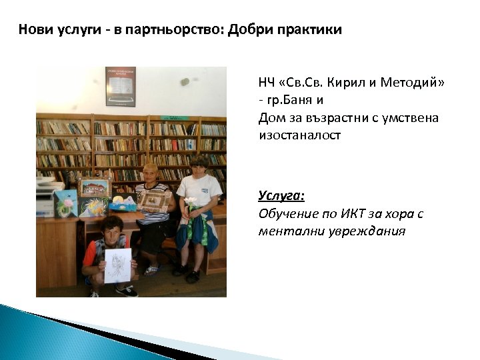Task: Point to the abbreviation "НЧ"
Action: [x=267, y=83]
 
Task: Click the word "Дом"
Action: [x=270, y=117]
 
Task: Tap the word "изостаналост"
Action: [x=299, y=135]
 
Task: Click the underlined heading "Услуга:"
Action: [x=281, y=196]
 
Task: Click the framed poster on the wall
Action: [x=120, y=86]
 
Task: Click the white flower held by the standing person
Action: [x=191, y=201]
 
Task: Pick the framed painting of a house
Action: [x=94, y=187]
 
